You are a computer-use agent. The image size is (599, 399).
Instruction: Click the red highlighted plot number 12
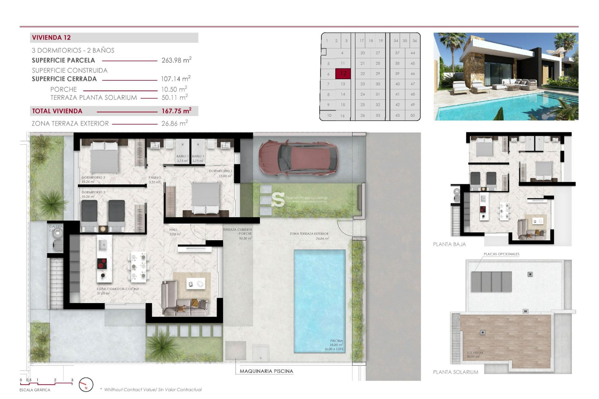tap(343, 74)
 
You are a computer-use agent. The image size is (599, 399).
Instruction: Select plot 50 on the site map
tap(412, 115)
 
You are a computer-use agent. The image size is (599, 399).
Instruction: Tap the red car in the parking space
tap(298, 157)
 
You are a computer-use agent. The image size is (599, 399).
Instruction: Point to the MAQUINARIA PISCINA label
tap(266, 371)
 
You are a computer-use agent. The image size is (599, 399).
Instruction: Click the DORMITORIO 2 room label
tap(93, 177)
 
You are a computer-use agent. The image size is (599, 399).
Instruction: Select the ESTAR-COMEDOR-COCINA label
tap(118, 289)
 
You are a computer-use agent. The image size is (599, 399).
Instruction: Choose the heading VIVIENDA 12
tap(51, 38)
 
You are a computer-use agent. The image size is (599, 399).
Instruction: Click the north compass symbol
tap(86, 385)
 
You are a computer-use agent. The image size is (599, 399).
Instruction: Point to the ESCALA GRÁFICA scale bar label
tap(35, 390)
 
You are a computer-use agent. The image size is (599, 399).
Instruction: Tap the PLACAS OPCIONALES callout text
tap(501, 254)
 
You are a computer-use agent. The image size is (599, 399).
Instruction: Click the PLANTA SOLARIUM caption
tap(455, 372)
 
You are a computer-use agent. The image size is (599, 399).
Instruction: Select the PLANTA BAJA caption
tap(449, 244)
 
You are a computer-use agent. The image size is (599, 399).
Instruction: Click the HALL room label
tap(173, 230)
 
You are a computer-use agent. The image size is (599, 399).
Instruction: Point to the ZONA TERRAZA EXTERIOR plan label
tap(309, 233)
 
